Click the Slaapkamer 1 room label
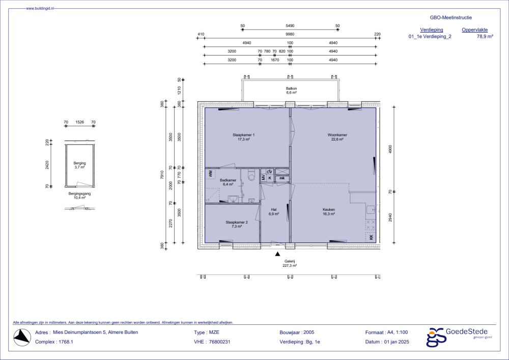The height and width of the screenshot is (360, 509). click(243, 135)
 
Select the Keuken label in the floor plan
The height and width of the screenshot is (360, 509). click(328, 209)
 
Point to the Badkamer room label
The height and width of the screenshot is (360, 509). click(227, 181)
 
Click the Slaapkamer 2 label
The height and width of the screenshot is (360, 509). click(237, 223)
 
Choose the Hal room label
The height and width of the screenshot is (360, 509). click(274, 209)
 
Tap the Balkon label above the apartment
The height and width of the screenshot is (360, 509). click(291, 89)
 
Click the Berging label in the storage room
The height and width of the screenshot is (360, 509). click(79, 163)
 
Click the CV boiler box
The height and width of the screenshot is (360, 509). click(269, 172)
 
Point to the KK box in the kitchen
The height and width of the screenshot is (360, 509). click(371, 237)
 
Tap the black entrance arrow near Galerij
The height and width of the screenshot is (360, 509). click(277, 253)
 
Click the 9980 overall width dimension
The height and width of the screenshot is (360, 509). click(290, 35)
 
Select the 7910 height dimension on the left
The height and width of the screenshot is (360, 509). click(161, 176)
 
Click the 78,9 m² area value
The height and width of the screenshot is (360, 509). click(485, 37)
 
